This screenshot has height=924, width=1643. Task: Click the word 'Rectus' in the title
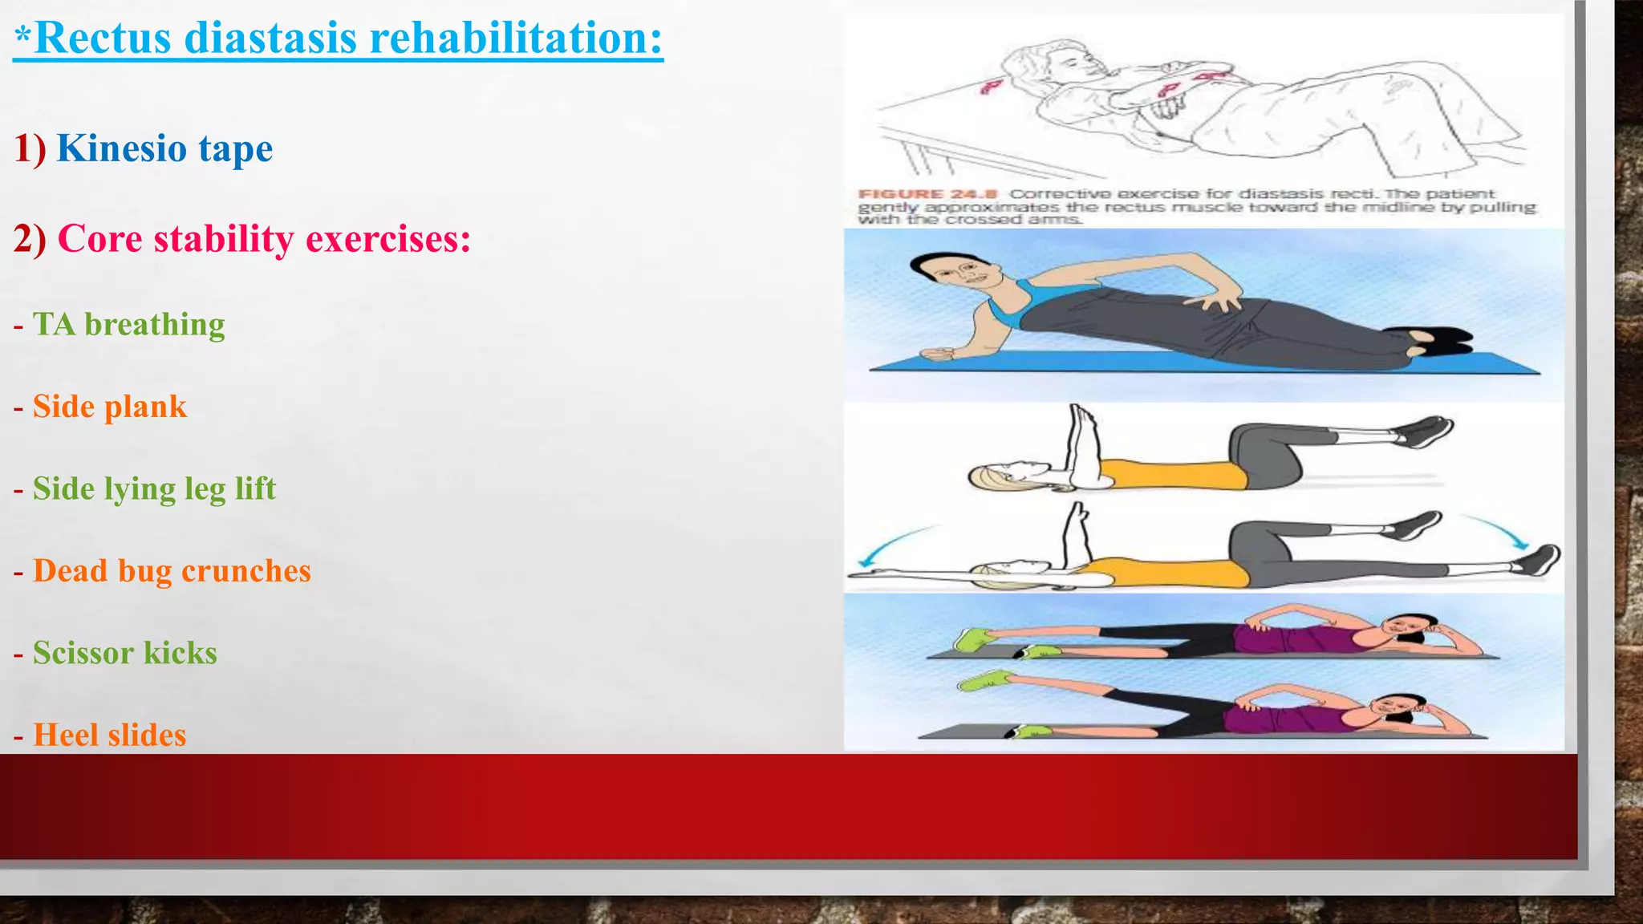103,38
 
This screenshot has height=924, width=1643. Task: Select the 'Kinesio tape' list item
164,148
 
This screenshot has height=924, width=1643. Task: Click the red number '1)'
30,149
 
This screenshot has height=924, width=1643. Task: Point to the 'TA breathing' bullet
128,324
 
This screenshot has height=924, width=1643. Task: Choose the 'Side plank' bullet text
109,407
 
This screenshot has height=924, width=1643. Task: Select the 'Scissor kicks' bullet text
124,653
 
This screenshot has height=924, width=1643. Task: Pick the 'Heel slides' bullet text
109,735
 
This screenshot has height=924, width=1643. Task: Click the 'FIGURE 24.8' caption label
927,194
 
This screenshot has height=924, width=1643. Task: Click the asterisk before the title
22,38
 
